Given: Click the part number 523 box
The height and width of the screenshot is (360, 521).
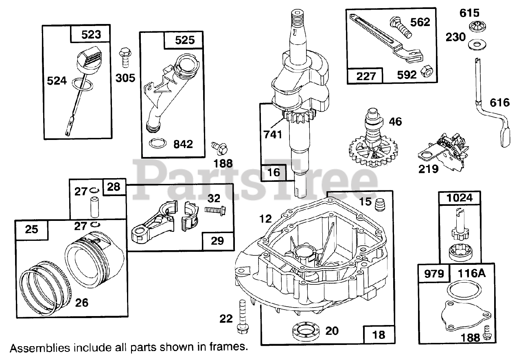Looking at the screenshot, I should tap(91, 35).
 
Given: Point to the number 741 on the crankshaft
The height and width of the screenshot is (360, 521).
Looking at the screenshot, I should tap(273, 134).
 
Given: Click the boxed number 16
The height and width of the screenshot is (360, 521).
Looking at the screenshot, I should tap(274, 172).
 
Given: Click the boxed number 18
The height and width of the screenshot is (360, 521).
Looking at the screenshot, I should tap(378, 334).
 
